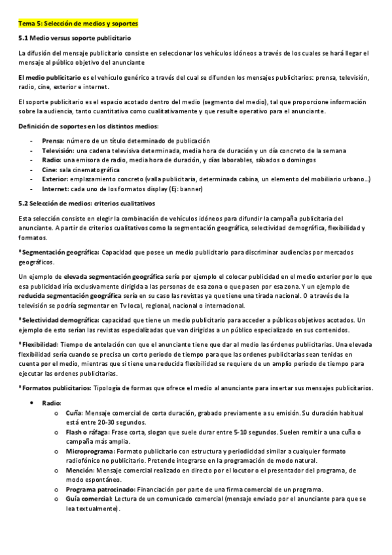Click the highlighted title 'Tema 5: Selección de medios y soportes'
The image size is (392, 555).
point(78,24)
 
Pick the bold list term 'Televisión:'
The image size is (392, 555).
point(58,151)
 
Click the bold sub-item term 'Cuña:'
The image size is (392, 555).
point(73,414)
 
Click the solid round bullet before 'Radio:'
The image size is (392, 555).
point(32,403)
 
